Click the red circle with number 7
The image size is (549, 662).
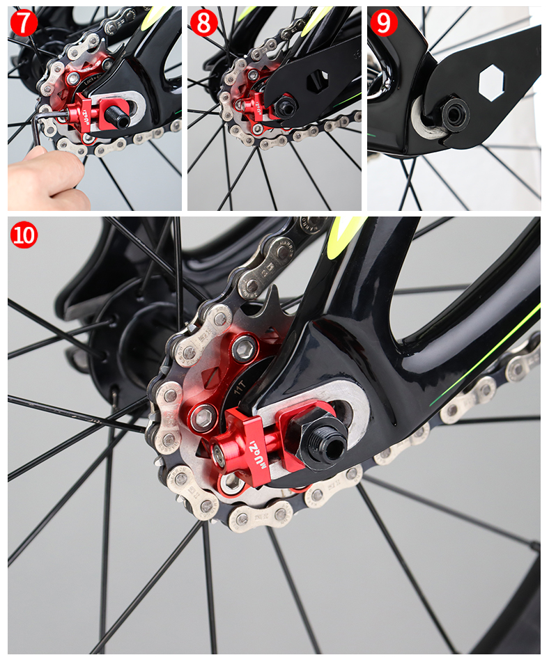[x=24, y=22]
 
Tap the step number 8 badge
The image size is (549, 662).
[x=204, y=22]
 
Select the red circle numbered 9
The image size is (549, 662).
[x=383, y=22]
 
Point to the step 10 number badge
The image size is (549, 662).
[x=24, y=235]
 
